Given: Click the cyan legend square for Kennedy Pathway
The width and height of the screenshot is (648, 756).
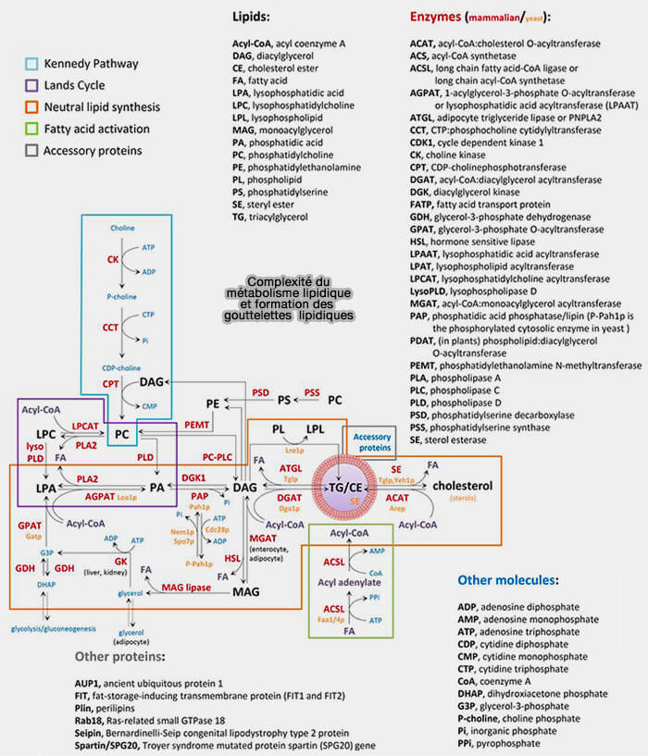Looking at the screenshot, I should tap(31, 65).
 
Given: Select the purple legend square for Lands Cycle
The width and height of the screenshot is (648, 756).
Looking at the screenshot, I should tap(31, 86).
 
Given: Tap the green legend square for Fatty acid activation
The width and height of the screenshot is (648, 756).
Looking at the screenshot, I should tap(31, 130).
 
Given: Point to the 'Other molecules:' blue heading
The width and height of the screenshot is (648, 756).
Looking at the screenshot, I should tap(507, 580).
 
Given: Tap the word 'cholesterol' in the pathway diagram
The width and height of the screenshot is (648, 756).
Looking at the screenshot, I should tap(463, 486).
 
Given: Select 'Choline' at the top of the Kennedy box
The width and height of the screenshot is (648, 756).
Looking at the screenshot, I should tap(122, 228).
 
